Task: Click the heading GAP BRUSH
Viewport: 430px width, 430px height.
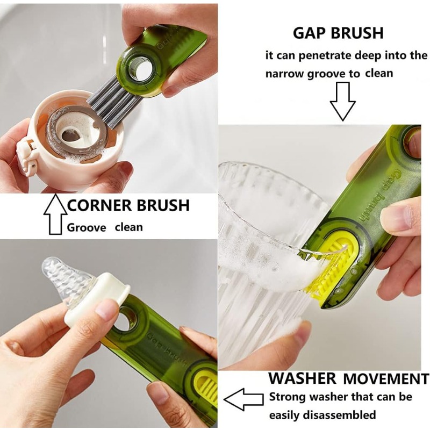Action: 338,33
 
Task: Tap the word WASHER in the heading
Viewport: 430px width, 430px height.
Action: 302,378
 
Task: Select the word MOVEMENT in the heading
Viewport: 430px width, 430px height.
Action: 386,379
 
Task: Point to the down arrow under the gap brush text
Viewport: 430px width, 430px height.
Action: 342,102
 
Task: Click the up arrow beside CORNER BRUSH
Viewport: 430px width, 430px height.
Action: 55,214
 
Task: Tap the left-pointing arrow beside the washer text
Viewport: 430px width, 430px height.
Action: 243,399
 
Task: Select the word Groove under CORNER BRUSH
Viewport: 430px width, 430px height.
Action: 87,227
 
